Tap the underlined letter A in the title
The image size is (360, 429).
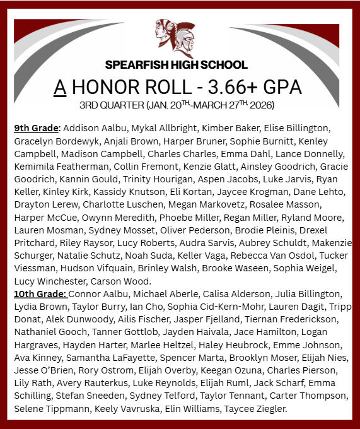click(x=60, y=86)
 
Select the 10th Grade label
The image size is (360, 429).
click(x=40, y=294)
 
